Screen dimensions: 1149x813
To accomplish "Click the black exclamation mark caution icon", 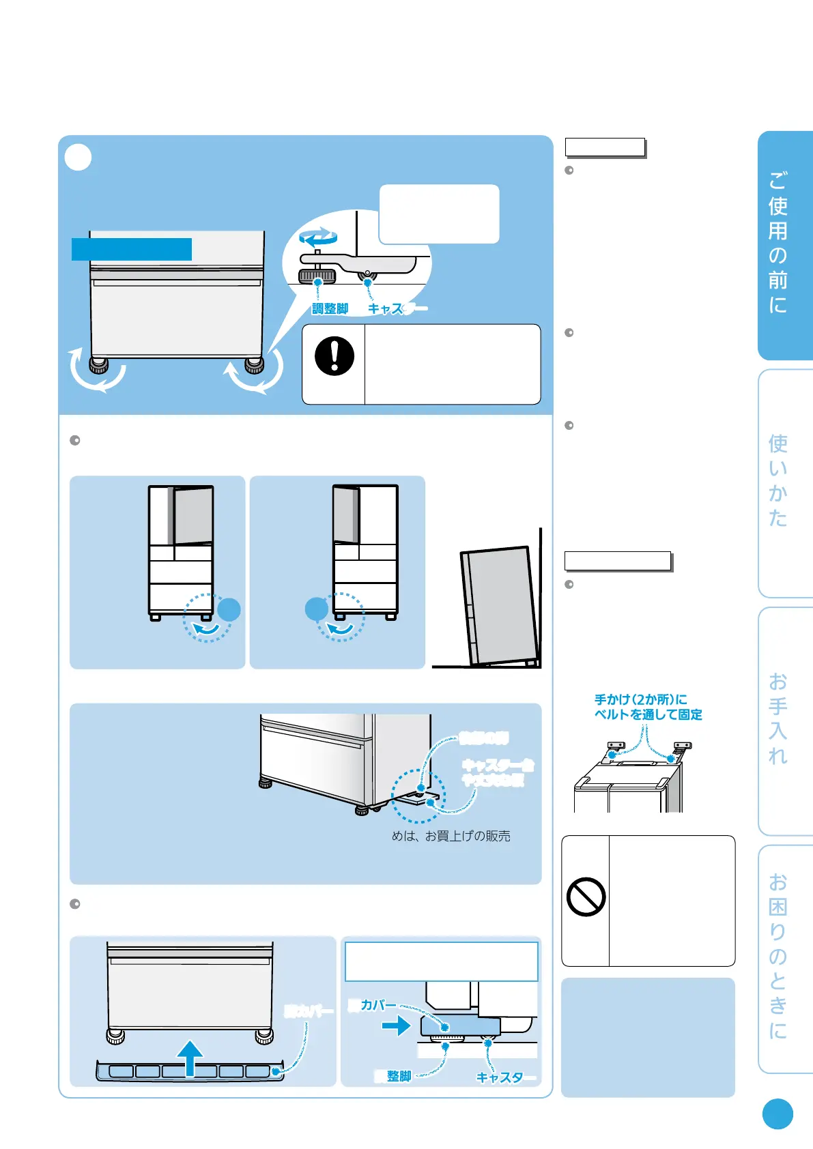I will (x=334, y=356).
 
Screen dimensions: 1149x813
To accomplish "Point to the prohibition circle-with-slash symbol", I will (x=586, y=897).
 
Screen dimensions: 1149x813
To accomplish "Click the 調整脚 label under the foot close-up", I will (x=330, y=309).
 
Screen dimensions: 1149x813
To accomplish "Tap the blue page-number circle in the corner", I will (x=778, y=1114).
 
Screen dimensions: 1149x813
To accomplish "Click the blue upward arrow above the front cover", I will (x=190, y=1056).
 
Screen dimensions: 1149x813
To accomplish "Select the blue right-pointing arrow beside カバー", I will (x=396, y=1026).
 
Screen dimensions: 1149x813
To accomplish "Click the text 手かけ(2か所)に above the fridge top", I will (x=640, y=699).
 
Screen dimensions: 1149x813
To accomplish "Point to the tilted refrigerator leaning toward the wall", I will (x=500, y=605).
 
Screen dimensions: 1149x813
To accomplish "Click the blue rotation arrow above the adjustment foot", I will (x=318, y=238).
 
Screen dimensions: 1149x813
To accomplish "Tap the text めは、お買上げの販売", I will (x=451, y=836).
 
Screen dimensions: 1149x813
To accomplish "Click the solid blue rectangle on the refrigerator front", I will (x=132, y=249).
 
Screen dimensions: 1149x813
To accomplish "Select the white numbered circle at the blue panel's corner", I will (x=78, y=158).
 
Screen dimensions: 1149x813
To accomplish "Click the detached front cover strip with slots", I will (x=189, y=1071).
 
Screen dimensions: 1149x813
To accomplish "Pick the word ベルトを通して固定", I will (x=648, y=714).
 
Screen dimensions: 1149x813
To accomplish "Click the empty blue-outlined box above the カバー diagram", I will (x=441, y=961).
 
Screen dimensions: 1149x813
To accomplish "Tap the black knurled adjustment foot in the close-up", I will (x=317, y=276).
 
